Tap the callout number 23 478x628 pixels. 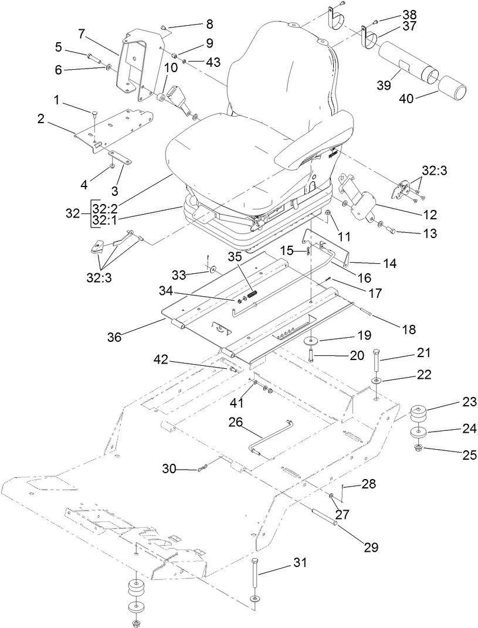[454, 402]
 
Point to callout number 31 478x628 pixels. [300, 563]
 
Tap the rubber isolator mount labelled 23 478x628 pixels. [418, 413]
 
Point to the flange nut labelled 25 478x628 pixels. [419, 449]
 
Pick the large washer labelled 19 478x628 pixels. [310, 341]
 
